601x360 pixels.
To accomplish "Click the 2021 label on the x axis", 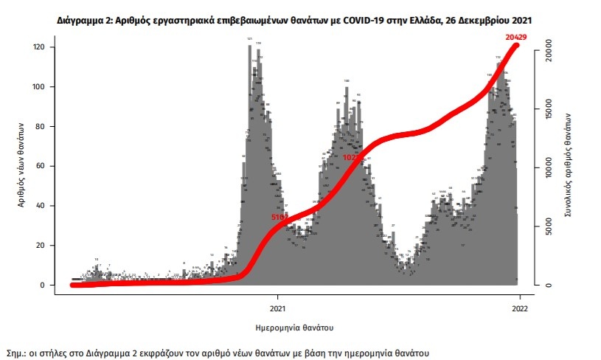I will point(278,308).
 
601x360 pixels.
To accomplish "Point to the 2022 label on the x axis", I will point(519,308).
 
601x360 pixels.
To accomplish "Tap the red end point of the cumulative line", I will point(517,46).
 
